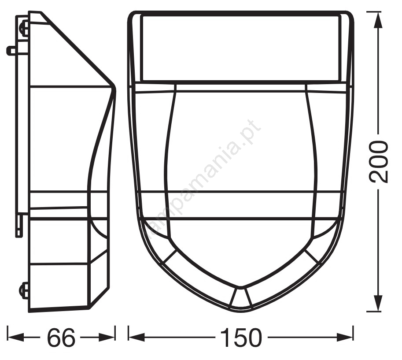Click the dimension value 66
[61, 337]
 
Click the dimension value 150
[241, 337]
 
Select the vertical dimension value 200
[378, 162]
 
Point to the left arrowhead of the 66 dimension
[16, 337]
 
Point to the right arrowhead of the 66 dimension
[107, 337]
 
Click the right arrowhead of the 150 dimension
[345, 337]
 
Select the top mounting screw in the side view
[24, 27]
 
